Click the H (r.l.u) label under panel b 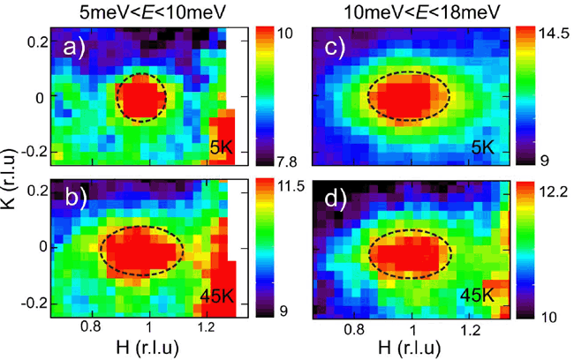point(148,347)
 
